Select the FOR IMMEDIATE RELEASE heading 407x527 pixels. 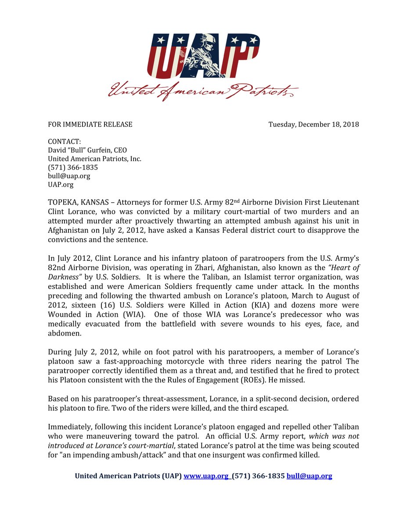(90, 124)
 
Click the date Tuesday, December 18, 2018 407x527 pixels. (313, 124)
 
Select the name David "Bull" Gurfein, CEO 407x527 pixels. (87, 150)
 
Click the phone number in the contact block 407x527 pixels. (72, 167)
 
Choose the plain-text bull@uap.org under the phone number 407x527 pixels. (69, 176)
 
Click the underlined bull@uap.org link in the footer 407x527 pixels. (309, 476)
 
